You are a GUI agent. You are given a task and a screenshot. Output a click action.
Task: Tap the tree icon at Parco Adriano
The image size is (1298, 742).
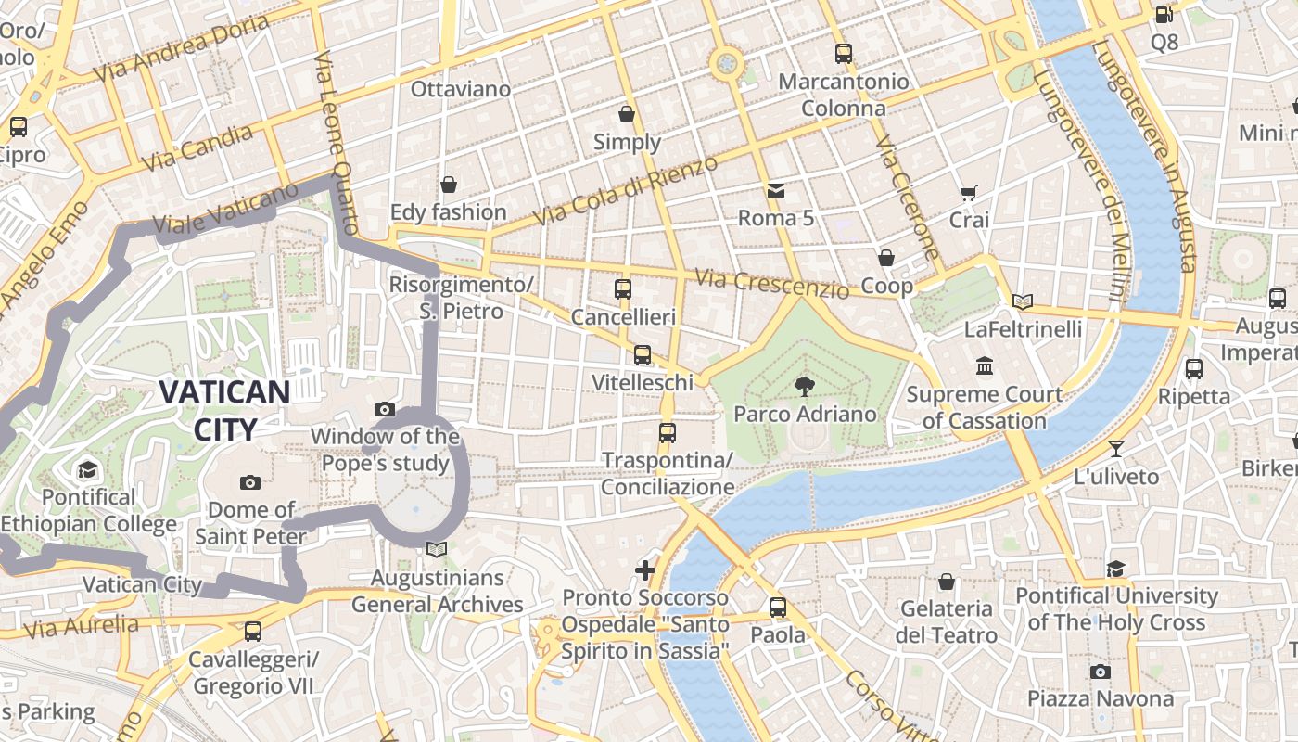tap(805, 387)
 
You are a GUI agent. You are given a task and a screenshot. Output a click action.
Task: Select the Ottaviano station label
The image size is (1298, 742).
tap(461, 89)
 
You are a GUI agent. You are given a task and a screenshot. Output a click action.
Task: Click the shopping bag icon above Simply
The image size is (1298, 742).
tap(627, 114)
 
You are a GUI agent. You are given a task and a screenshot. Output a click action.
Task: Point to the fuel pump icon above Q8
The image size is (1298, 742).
tap(1164, 14)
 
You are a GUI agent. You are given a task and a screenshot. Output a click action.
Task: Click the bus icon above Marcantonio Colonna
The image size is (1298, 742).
tap(843, 54)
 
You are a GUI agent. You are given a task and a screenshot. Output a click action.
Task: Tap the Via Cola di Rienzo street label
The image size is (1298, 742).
tap(626, 191)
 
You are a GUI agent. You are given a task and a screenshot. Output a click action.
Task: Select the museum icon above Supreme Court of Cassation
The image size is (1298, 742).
tap(985, 366)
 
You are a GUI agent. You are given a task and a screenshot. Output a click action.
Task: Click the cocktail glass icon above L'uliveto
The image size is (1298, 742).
tap(1116, 449)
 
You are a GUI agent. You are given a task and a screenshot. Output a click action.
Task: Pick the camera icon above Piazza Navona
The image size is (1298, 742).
tap(1101, 672)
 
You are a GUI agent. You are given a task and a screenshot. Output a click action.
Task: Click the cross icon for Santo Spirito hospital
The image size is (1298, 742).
tap(645, 569)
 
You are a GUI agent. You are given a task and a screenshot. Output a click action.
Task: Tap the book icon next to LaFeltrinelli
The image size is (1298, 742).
tap(1023, 301)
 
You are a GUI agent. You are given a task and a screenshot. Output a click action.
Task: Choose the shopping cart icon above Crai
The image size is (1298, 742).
tap(969, 193)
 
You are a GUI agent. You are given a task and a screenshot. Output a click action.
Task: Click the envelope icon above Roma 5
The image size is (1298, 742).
tap(775, 191)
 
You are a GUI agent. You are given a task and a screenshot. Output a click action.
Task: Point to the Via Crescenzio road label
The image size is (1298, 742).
tap(771, 284)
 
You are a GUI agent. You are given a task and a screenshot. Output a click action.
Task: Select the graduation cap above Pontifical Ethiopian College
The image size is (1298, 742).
tap(88, 469)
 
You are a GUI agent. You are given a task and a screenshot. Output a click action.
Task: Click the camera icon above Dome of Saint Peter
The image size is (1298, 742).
tap(250, 482)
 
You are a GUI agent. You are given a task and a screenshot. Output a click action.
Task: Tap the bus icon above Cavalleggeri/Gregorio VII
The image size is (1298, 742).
tap(252, 632)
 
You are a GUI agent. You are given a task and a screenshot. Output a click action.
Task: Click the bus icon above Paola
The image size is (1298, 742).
tap(778, 608)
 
